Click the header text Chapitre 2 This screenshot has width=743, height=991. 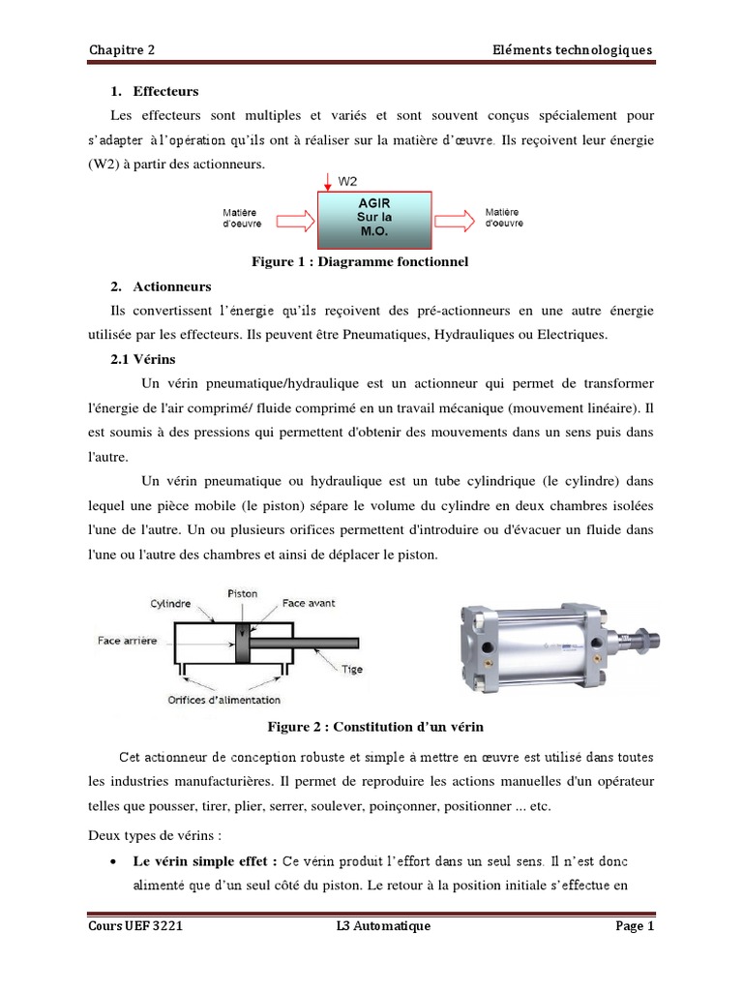point(121,50)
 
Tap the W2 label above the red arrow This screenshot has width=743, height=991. point(346,180)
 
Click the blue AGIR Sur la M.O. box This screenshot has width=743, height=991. point(375,218)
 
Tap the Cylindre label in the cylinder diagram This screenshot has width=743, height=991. point(171,602)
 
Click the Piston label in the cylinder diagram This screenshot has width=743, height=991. point(242,592)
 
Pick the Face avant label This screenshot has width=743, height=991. point(310,602)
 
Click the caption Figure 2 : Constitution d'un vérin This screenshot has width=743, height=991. point(373,726)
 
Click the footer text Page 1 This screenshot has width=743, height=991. point(635,926)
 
